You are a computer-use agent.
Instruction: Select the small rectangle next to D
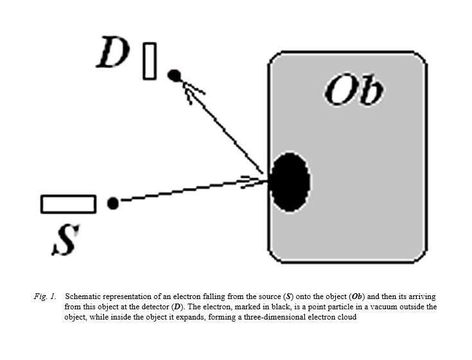point(150,61)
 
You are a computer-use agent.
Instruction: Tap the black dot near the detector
point(173,75)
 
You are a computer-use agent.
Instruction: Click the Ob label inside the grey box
point(354,91)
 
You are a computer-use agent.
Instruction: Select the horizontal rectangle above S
point(68,203)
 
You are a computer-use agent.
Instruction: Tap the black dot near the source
point(113,203)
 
